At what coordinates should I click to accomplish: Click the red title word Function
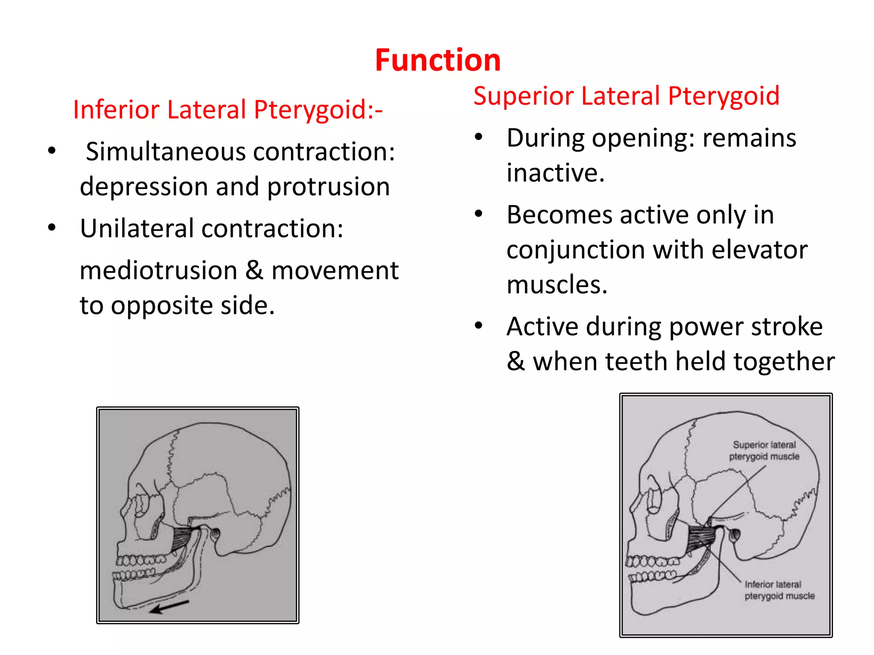[x=437, y=60]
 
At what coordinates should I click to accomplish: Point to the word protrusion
[x=328, y=187]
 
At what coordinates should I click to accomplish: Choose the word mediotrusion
[x=158, y=271]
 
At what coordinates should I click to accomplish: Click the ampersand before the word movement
[x=254, y=271]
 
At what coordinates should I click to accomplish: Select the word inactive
[x=555, y=173]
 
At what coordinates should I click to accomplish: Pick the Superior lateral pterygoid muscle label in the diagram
[x=764, y=451]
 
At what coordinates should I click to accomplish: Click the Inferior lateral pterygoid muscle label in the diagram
[x=779, y=590]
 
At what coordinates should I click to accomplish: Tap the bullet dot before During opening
[x=479, y=137]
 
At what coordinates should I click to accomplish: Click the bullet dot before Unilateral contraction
[x=52, y=227]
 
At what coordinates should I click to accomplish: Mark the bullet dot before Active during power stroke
[x=479, y=326]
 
